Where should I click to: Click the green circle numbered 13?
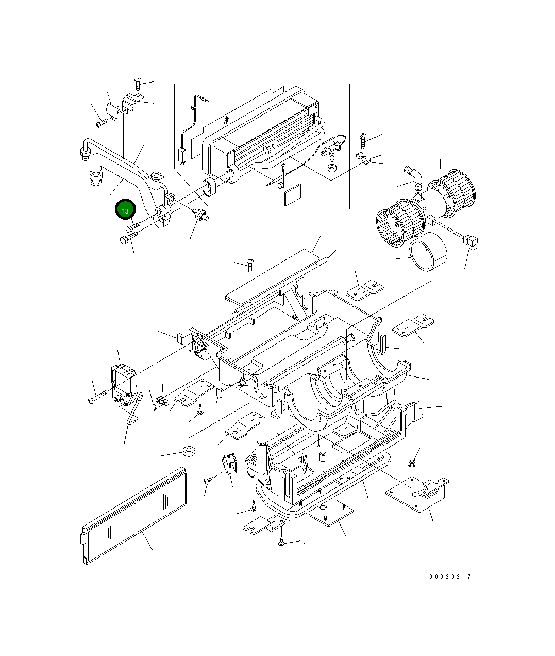(125, 210)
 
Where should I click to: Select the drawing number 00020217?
(449, 577)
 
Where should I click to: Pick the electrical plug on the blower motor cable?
(470, 240)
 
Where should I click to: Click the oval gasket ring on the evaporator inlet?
(209, 188)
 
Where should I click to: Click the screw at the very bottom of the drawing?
(281, 543)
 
